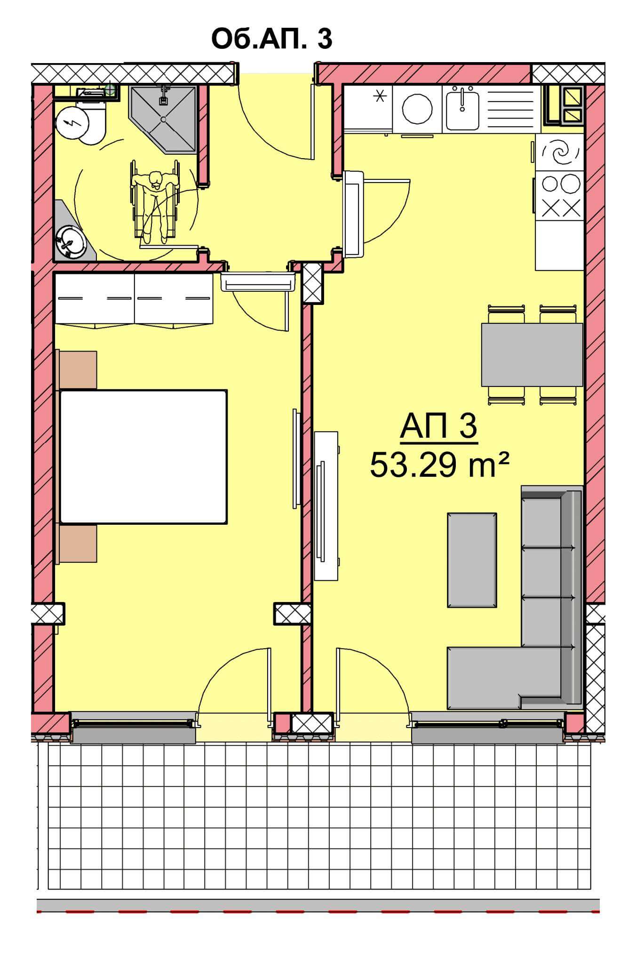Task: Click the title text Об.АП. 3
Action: coord(272,39)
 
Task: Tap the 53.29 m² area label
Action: coord(439,465)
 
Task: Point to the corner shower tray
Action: coord(163,119)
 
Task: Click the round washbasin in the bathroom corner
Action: coord(71,242)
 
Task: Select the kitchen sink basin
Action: coord(462,111)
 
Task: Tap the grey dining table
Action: coord(532,354)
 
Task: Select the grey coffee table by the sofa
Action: coord(472,560)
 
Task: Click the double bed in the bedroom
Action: coord(143,457)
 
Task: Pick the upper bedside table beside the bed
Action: coord(78,370)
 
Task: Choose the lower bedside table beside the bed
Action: coord(78,544)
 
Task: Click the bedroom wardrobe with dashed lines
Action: coord(134,298)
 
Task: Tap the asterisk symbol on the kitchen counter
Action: coord(379,96)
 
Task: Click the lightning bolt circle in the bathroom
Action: coord(72,124)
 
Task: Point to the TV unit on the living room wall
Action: coord(326,506)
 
